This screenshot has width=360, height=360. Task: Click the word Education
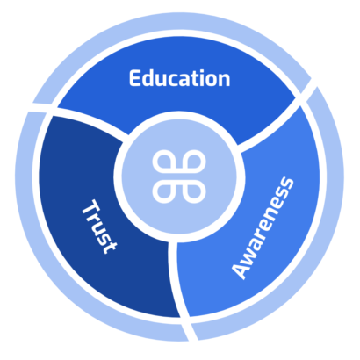point(179,78)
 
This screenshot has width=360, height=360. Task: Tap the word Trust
point(99,227)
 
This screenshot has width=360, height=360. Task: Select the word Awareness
point(263,228)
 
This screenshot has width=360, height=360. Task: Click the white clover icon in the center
point(179,176)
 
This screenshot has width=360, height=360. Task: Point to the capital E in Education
point(135,78)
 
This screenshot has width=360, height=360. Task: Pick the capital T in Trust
point(91,209)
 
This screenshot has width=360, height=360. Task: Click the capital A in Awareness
point(241,270)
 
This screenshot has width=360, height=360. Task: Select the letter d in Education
point(149,78)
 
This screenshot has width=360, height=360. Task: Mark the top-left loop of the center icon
point(164,162)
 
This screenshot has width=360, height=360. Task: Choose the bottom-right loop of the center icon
point(194,191)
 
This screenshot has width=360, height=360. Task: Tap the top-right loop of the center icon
point(194,162)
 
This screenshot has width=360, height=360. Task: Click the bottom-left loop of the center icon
point(164,191)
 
